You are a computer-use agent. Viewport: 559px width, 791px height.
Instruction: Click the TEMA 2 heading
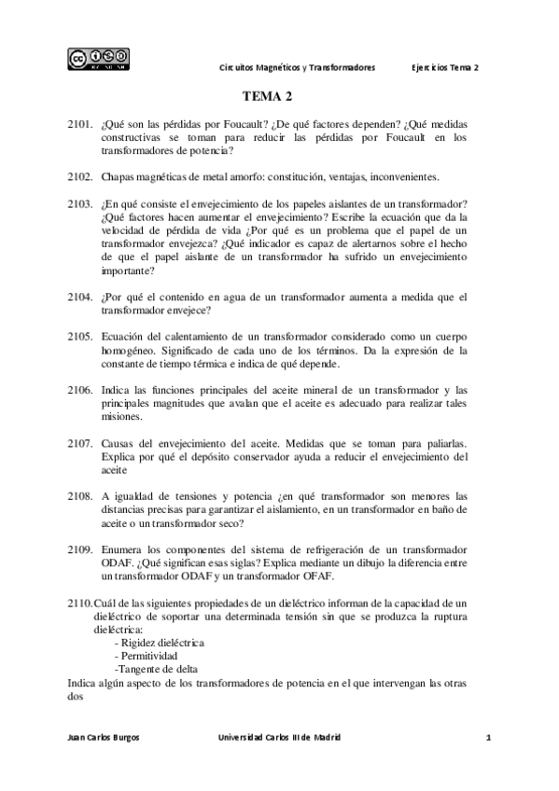[268, 96]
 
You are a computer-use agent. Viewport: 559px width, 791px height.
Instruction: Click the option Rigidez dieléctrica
[159, 643]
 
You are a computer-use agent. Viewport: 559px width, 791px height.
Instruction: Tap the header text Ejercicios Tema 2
[445, 68]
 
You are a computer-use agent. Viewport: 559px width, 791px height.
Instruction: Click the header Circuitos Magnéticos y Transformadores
[297, 68]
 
